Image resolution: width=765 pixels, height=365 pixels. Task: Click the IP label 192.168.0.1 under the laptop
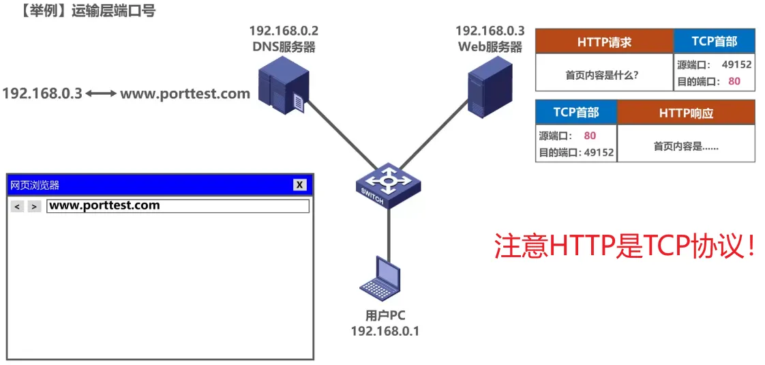click(x=385, y=331)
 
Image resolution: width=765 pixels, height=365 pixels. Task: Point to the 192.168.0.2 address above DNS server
click(x=283, y=31)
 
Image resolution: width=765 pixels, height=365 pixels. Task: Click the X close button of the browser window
click(x=299, y=184)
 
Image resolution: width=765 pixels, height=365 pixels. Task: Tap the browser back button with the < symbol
click(x=18, y=206)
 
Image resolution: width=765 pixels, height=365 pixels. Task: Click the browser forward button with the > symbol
click(x=34, y=206)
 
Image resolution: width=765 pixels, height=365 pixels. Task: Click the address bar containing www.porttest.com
click(x=177, y=206)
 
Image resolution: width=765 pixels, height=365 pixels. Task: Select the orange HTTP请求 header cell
click(x=604, y=42)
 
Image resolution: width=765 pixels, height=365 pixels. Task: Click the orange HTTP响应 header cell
click(x=686, y=113)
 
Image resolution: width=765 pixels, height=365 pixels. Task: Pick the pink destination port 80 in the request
click(x=734, y=81)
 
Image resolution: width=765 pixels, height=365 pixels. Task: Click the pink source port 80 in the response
click(x=590, y=136)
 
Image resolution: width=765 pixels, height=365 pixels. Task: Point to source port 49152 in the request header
click(x=736, y=65)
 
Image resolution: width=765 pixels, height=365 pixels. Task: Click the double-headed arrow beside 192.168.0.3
click(x=101, y=93)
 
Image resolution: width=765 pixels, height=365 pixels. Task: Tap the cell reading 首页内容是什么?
click(x=602, y=75)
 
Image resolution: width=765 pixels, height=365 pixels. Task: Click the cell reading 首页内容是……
click(x=686, y=145)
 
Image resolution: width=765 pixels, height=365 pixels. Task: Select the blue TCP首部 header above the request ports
click(x=714, y=42)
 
